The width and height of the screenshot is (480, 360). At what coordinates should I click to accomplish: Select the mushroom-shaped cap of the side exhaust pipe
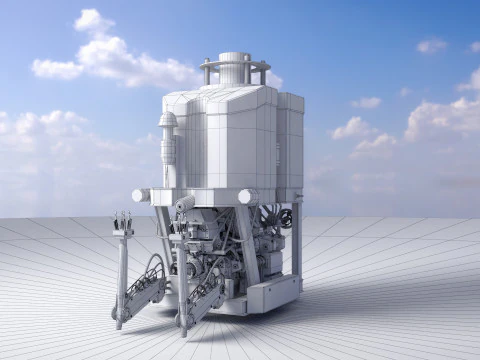tap(167, 121)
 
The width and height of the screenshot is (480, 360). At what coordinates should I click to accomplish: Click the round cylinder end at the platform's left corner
tap(141, 195)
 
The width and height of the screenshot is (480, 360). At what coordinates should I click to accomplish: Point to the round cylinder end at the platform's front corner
tap(247, 197)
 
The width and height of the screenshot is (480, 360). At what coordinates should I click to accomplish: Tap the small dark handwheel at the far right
tap(287, 218)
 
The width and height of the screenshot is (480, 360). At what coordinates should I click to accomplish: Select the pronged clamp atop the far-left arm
tap(123, 224)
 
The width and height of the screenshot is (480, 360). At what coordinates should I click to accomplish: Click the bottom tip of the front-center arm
tap(183, 329)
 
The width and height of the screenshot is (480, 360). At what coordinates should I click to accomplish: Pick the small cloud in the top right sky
tap(431, 46)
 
